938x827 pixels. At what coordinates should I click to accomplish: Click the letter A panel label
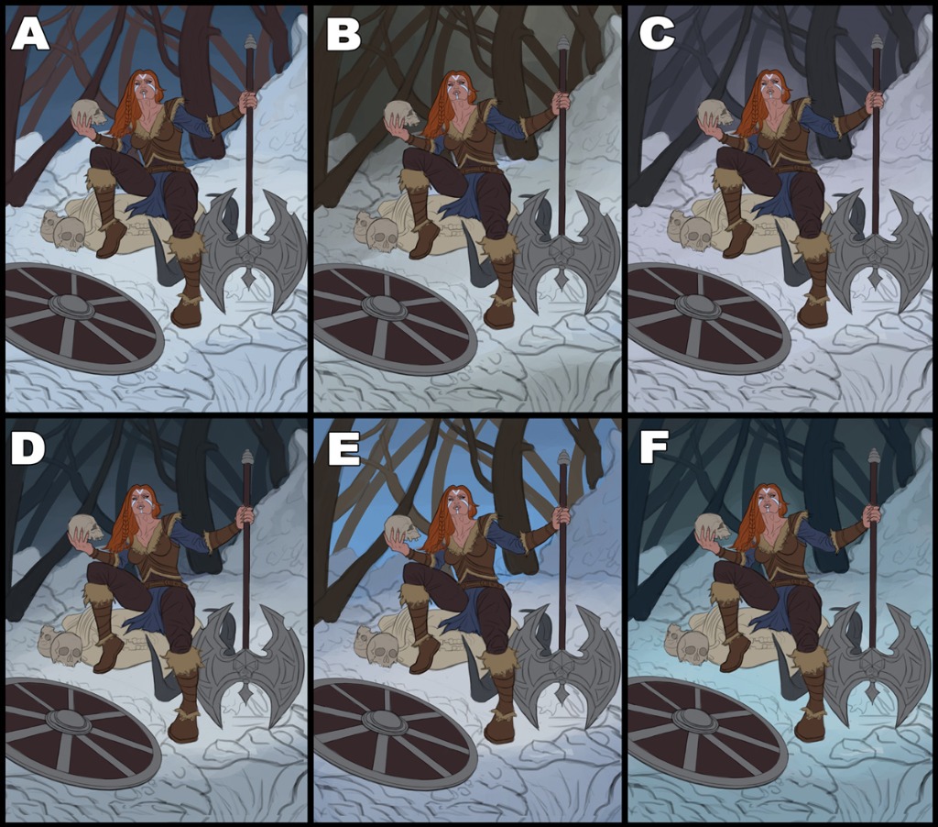pyautogui.click(x=30, y=34)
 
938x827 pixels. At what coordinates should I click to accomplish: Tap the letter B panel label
pyautogui.click(x=344, y=34)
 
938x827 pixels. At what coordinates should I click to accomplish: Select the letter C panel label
pyautogui.click(x=657, y=34)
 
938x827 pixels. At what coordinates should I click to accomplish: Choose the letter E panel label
pyautogui.click(x=344, y=448)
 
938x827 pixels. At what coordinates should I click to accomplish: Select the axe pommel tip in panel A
pyautogui.click(x=250, y=42)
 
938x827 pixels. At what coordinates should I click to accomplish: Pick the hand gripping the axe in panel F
pyautogui.click(x=872, y=513)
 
